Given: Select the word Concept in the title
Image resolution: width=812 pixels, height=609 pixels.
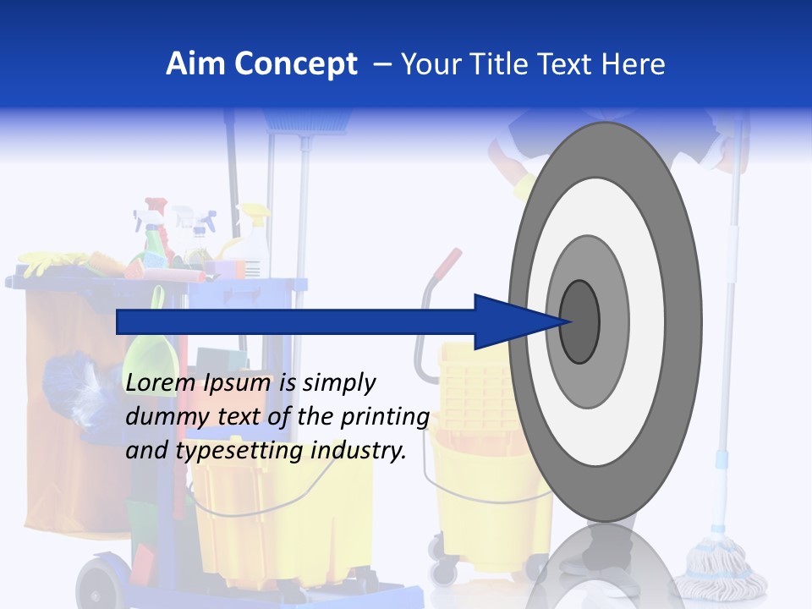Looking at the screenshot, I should (296, 65).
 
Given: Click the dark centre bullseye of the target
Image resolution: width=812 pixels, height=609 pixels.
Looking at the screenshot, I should (579, 322).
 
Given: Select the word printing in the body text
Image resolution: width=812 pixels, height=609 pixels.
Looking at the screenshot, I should (384, 417).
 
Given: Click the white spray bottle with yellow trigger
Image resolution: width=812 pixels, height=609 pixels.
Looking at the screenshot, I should (254, 241).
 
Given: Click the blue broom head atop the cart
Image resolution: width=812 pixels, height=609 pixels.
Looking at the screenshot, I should (310, 121).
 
